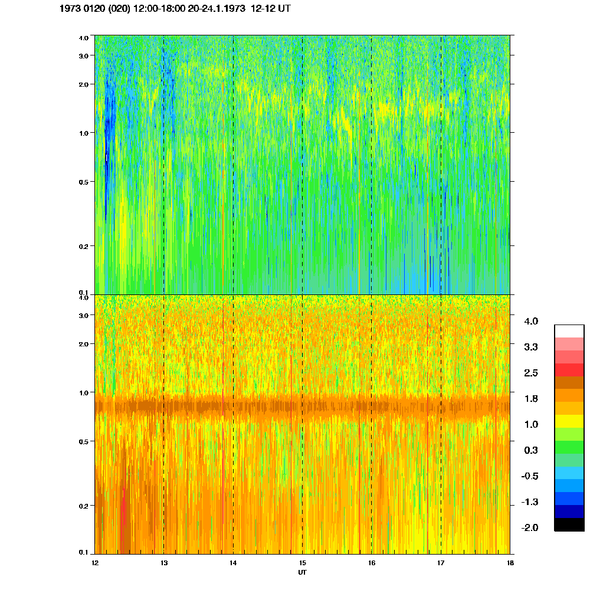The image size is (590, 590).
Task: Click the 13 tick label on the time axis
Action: tap(164, 563)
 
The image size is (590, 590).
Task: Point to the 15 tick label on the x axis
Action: tap(302, 563)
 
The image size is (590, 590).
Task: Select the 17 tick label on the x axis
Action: tap(441, 563)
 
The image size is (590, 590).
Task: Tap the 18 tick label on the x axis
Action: tap(510, 563)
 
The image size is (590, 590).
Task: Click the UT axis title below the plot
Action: tap(302, 572)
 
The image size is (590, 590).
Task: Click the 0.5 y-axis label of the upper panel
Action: tap(83, 182)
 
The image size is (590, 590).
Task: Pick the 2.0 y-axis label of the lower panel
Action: tap(83, 344)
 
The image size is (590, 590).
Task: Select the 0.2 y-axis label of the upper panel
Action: tap(83, 246)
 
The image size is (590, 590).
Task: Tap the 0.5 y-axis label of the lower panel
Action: tap(83, 442)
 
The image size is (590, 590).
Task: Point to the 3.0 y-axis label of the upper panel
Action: tap(83, 55)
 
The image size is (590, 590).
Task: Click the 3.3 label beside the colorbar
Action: tap(531, 347)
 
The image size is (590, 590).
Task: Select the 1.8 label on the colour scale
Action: tap(531, 399)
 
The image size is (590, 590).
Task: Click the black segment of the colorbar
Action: tap(569, 525)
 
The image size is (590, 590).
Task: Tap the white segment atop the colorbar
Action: tap(569, 330)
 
